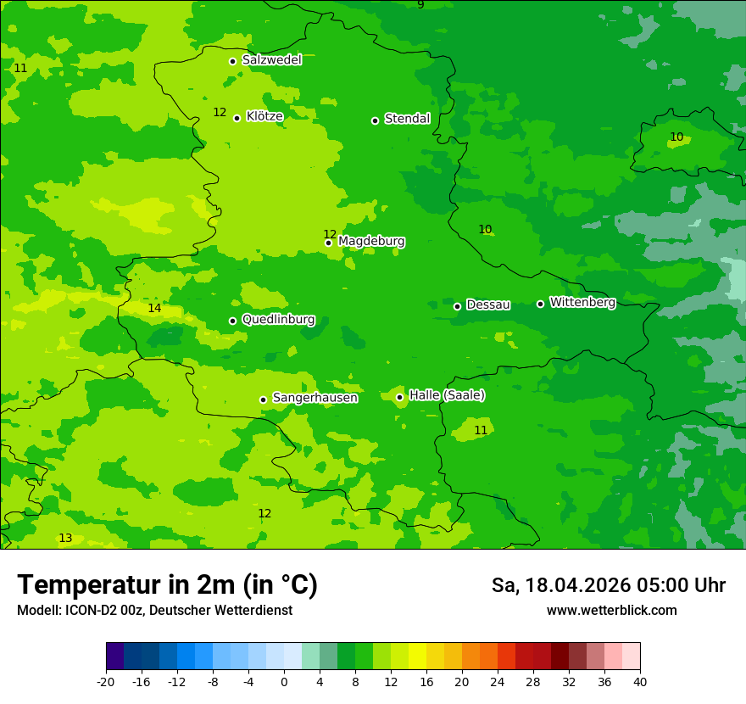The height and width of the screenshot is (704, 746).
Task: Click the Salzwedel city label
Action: coord(271,60)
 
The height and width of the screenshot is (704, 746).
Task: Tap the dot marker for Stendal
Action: coord(375,120)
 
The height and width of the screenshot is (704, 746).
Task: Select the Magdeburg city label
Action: coord(371,242)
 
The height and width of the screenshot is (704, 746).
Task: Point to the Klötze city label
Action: coord(264,116)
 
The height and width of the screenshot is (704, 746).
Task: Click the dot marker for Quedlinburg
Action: coord(232,321)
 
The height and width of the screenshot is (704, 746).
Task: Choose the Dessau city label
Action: coord(488,305)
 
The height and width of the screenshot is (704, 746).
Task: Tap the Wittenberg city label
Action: coord(582,302)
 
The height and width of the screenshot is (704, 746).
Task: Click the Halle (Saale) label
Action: coord(447,395)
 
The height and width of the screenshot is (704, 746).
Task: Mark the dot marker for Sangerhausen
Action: coord(263,399)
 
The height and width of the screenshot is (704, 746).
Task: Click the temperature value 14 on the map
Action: coord(154,309)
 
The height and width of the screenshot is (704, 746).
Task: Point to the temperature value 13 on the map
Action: coord(65,539)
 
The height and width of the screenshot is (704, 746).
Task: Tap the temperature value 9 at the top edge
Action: coord(420,5)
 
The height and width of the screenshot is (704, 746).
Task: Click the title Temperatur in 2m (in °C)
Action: coord(167,585)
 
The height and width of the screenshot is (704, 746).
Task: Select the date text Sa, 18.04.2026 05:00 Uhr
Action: coord(608,586)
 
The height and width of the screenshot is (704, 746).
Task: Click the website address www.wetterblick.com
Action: coord(611,611)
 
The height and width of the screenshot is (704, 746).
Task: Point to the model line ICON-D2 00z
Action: coord(154,611)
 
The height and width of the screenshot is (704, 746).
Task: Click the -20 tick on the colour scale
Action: coord(106,682)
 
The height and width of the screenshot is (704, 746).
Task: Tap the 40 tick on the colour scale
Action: coord(639,682)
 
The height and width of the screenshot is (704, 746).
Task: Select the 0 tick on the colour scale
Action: coord(284,682)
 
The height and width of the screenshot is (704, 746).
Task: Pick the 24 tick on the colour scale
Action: coord(497,682)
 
